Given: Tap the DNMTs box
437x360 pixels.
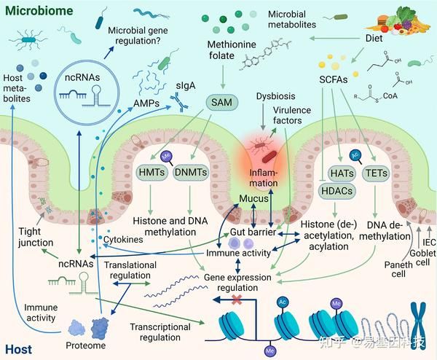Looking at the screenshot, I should click(x=192, y=173).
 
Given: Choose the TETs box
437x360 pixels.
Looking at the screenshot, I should click(x=374, y=172).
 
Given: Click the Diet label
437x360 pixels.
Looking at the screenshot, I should click(x=376, y=40).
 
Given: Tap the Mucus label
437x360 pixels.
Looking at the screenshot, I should click(x=251, y=197).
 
